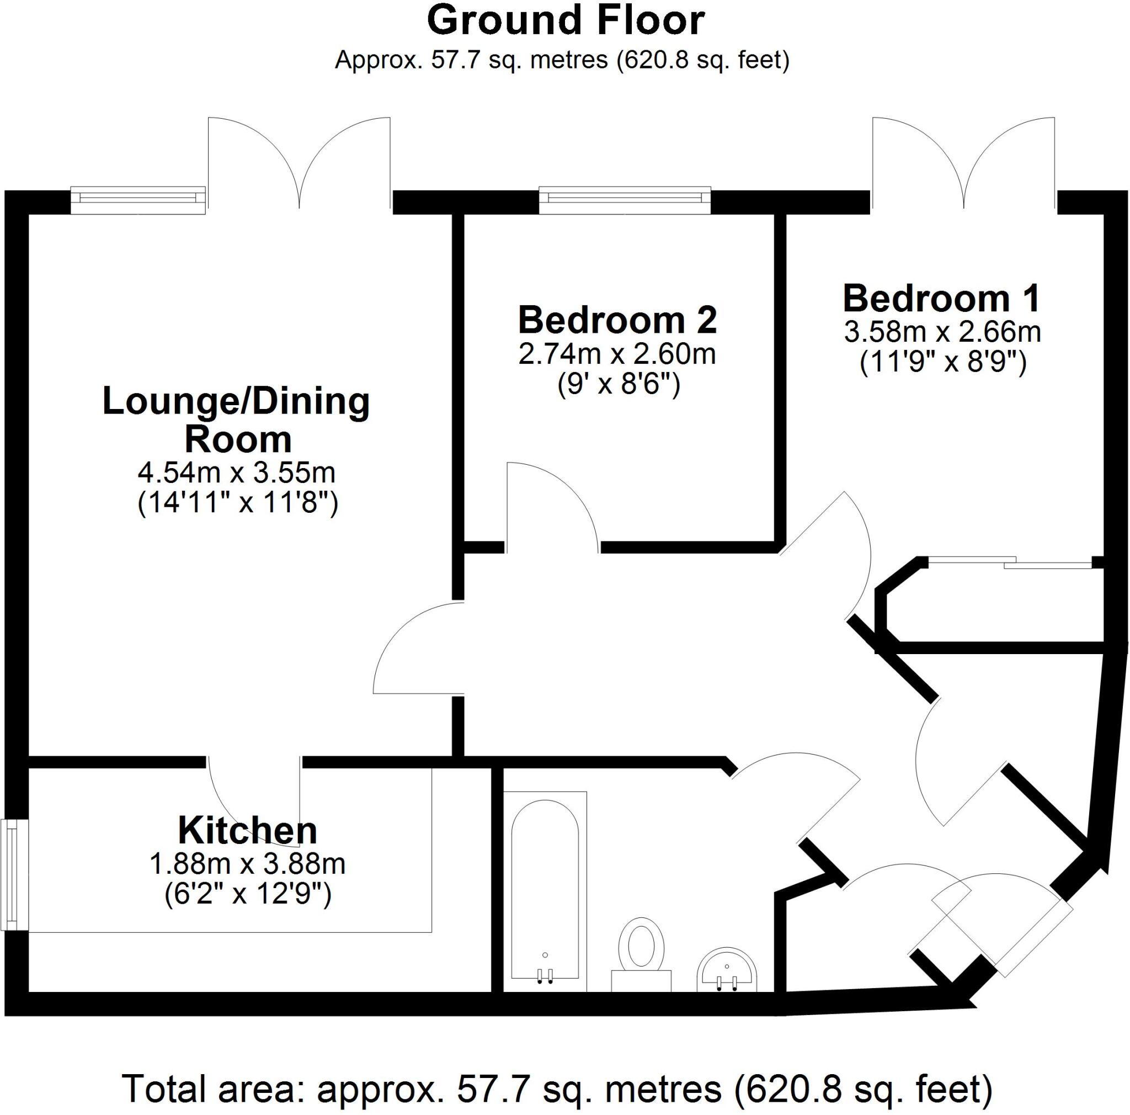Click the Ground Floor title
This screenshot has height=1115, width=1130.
coord(566,22)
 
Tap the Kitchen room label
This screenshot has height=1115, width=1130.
coord(247,830)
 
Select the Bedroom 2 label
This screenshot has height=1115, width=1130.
coord(617,321)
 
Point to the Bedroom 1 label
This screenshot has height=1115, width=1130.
coord(942,299)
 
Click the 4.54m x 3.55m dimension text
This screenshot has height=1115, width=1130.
coord(237,472)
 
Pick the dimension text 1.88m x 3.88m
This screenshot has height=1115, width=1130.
coord(247,864)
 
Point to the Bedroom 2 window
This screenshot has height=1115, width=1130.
coord(625,200)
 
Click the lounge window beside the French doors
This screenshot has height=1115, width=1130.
coord(138,200)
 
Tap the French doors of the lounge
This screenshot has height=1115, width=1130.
coord(300,164)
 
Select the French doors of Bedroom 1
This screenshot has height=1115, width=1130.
coord(964,164)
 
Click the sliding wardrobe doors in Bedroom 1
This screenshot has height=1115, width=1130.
coord(1010,565)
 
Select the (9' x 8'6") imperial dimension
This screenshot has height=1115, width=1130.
coord(619,386)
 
